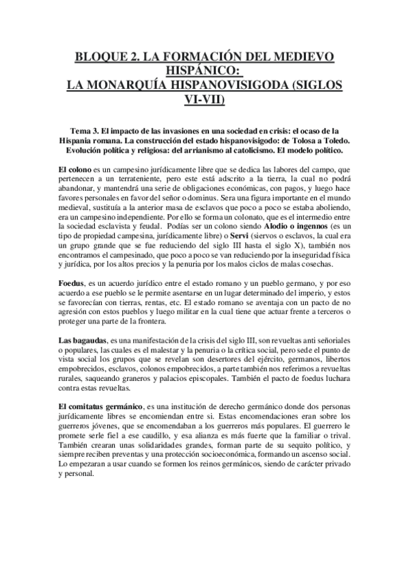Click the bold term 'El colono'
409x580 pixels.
pyautogui.click(x=74, y=168)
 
